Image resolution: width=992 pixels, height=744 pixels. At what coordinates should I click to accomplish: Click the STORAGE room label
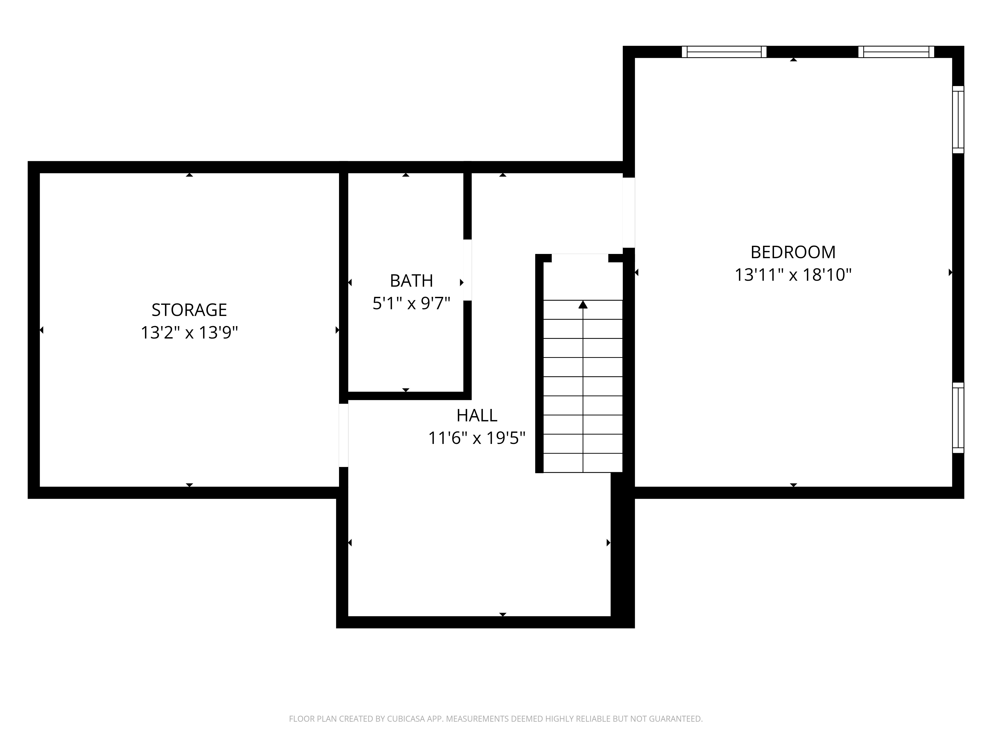[189, 310]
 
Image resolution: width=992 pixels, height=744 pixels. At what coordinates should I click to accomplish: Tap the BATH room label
[411, 281]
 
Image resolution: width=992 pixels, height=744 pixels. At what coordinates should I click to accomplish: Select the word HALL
[477, 416]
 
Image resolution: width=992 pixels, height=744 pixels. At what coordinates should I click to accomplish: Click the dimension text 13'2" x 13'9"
[189, 333]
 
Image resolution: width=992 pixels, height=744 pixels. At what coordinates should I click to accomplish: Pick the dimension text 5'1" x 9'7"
[411, 304]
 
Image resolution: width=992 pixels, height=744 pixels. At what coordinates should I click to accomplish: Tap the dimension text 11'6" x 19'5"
[477, 438]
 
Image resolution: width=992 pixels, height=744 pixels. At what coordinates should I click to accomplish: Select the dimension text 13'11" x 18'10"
[793, 275]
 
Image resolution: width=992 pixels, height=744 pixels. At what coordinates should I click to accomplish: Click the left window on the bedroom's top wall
[724, 52]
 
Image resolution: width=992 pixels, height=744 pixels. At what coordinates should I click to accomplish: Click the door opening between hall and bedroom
[629, 213]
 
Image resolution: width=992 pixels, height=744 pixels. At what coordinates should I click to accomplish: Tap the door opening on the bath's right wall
[467, 270]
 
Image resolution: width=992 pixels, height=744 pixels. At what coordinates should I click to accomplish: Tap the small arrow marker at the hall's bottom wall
[503, 614]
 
